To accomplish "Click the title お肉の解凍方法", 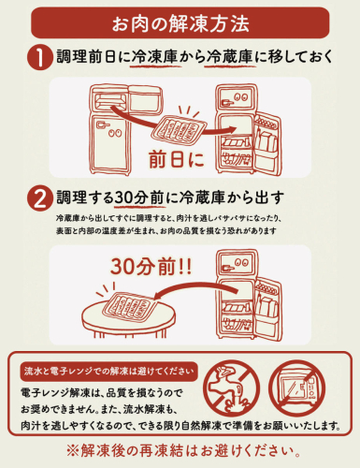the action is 180,23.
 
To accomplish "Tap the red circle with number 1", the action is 40,57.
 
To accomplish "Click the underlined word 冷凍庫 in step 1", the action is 154,57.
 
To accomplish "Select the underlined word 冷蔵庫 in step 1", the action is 229,57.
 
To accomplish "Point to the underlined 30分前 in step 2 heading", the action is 139,197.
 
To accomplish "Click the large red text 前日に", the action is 177,159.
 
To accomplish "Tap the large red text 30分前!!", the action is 151,267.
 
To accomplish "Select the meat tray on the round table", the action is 129,305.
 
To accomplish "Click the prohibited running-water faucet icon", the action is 231,388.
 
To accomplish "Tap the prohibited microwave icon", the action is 297,388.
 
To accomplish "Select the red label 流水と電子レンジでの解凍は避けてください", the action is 109,372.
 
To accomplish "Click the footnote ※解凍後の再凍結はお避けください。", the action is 184,451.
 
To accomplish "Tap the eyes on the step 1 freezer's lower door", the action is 114,132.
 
